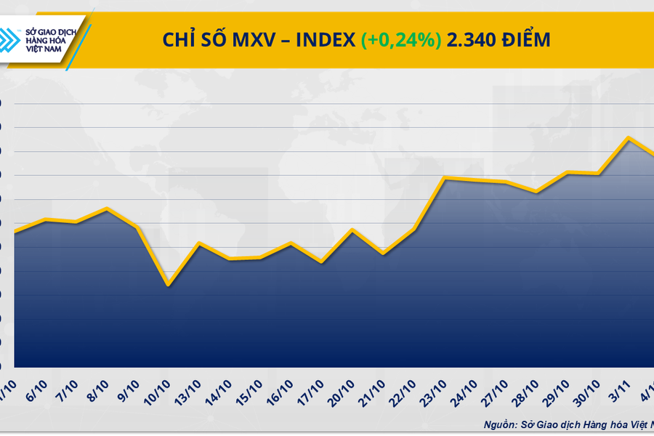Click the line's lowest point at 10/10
click(168, 284)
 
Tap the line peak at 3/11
click(628, 137)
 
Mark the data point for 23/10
click(444, 178)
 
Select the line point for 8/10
click(107, 209)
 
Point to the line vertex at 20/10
click(352, 230)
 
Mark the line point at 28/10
click(536, 192)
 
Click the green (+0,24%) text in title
click(400, 41)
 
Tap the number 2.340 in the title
click(472, 41)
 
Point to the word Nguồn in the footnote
click(501, 424)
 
